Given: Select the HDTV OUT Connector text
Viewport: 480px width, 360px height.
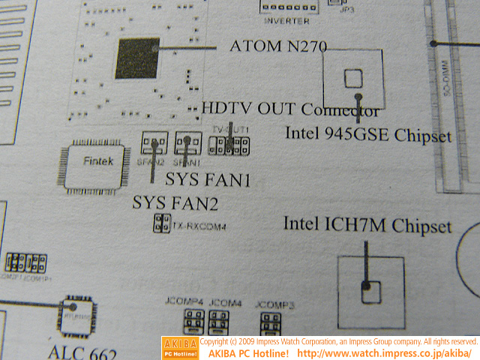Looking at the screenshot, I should coord(291,109).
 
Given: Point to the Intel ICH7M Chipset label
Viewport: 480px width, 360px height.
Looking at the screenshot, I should coord(367,226).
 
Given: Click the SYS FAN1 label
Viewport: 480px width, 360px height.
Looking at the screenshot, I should coord(207,180).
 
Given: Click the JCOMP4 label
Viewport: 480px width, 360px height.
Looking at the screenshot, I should coord(184,302).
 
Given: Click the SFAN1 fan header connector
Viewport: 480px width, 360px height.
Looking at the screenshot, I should coord(184,142).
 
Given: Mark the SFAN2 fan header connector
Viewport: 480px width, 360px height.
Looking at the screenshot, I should coord(154,142).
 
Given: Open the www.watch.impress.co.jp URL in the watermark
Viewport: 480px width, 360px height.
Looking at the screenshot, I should coord(384,352).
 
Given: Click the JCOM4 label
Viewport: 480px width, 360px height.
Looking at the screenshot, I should coord(225,302).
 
